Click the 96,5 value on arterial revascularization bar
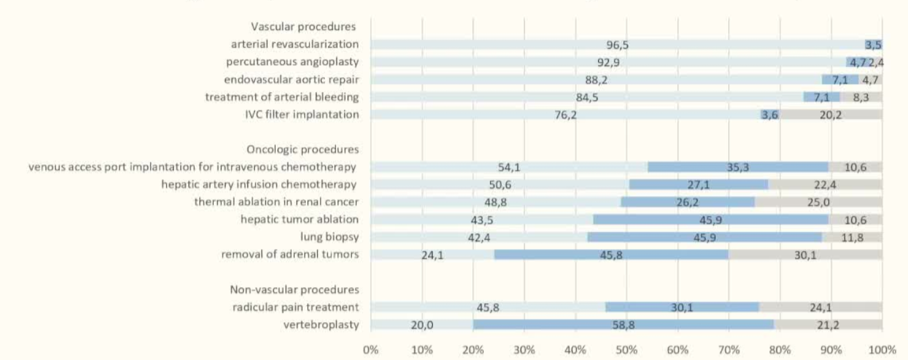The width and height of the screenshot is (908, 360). click(618, 45)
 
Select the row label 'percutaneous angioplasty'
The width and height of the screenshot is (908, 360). click(292, 62)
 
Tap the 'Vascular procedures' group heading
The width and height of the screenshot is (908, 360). click(303, 27)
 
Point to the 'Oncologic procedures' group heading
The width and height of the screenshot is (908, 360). click(302, 149)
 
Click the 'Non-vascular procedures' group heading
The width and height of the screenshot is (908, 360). click(294, 289)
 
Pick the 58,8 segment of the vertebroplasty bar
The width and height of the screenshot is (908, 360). click(621, 325)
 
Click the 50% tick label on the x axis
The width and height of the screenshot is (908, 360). click(627, 350)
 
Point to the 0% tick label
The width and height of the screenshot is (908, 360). click(371, 350)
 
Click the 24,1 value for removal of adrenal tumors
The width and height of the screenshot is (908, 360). click(432, 255)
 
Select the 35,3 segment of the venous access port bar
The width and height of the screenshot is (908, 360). click(738, 167)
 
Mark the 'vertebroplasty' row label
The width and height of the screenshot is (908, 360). click(322, 325)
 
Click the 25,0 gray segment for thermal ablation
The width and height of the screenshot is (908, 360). click(818, 202)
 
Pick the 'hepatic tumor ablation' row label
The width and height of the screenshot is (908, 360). click(299, 219)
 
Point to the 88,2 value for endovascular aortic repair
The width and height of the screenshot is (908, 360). click(597, 80)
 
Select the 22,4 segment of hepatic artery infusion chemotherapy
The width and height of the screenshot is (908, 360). click(825, 185)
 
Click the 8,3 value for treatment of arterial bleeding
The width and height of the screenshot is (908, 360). click(861, 97)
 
